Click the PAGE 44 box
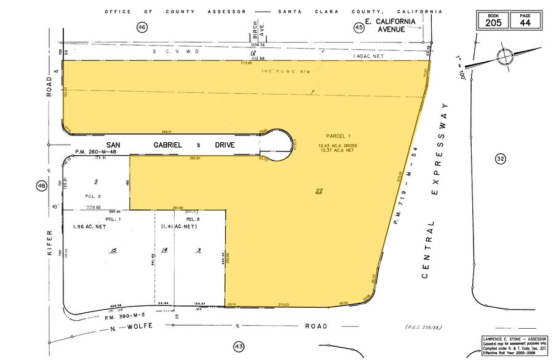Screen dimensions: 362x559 [525, 20]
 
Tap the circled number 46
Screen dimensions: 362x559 [142, 27]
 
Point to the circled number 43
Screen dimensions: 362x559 [239, 347]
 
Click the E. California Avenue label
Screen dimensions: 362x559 [392, 25]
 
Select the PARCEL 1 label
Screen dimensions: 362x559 [338, 136]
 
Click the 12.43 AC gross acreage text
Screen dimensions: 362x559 [338, 145]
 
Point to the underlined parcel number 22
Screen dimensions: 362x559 [319, 191]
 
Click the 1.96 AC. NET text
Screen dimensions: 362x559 [89, 227]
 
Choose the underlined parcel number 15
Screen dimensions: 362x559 [113, 250]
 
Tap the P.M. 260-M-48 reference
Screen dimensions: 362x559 [91, 152]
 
